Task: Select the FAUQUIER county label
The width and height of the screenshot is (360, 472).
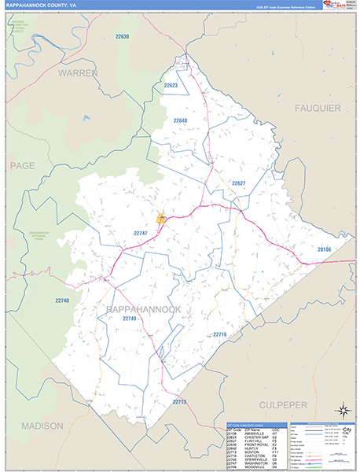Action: [318, 106]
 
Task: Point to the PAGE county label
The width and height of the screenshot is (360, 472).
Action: [23, 165]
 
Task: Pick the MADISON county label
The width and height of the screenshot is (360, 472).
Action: [37, 426]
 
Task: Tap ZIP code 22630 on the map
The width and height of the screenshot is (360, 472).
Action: [122, 37]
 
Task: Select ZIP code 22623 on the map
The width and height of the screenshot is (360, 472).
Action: [171, 85]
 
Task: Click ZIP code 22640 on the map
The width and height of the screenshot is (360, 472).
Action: [180, 120]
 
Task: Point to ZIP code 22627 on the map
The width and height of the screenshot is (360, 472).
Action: [239, 183]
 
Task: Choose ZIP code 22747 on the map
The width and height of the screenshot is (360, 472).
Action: [140, 234]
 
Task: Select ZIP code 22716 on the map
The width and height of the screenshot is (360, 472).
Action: [219, 335]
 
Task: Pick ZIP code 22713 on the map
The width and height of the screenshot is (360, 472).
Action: [179, 402]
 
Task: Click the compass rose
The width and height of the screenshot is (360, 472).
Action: [343, 410]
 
